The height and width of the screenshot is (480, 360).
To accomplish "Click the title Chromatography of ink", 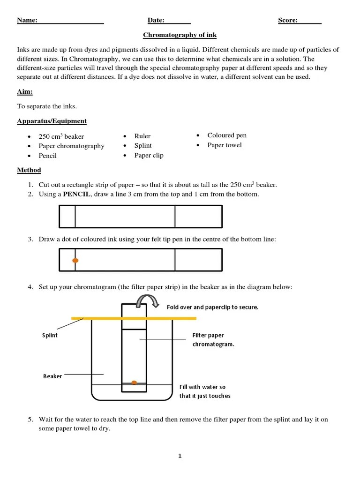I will [x=180, y=35].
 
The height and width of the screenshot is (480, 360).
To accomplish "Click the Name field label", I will [x=27, y=20].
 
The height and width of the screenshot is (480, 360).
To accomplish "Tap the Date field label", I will [x=156, y=20].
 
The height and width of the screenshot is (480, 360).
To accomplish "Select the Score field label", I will [x=288, y=20].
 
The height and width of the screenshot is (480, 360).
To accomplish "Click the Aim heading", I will [x=25, y=92].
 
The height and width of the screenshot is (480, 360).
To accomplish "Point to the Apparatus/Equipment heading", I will [x=52, y=121].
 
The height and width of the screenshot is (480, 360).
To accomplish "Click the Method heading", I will [x=29, y=170].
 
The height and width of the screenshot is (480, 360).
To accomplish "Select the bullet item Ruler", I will [x=142, y=136].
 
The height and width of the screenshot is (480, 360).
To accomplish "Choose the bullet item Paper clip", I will [x=149, y=155].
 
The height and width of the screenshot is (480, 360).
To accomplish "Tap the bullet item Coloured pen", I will [x=227, y=135].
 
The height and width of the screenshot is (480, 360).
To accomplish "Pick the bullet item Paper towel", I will [x=225, y=145].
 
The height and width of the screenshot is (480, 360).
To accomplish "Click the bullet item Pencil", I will [x=47, y=156].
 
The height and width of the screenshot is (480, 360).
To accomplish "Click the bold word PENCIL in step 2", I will [x=75, y=194].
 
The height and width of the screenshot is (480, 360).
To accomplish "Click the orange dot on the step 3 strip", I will [x=75, y=260].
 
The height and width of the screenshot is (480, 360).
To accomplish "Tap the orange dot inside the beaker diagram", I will [x=134, y=382].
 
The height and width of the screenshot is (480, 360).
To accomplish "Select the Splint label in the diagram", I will [x=50, y=335].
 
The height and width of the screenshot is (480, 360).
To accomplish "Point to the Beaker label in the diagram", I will [x=52, y=376].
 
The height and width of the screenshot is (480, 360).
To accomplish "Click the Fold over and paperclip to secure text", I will [x=212, y=307].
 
